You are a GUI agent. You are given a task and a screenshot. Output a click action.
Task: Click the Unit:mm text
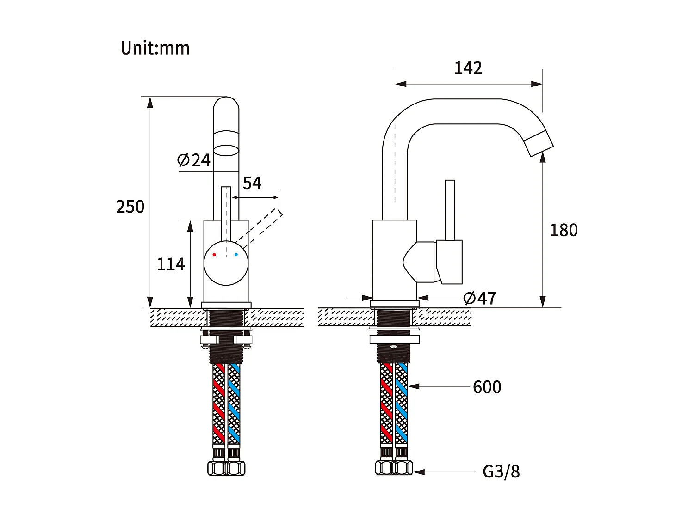click(x=155, y=48)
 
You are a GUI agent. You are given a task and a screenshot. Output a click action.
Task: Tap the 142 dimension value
click(x=468, y=68)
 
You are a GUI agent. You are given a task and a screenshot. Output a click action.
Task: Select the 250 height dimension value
click(x=130, y=207)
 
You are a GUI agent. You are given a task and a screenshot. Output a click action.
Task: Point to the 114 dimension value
click(x=171, y=264)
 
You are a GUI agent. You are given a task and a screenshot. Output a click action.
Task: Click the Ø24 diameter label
click(x=194, y=160)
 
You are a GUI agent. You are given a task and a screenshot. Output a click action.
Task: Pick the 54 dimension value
click(x=252, y=183)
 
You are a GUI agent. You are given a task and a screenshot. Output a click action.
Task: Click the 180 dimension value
click(x=564, y=230)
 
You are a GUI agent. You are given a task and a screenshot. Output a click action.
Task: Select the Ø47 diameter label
click(x=480, y=298)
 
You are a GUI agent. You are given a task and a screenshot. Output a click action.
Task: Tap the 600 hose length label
click(x=487, y=387)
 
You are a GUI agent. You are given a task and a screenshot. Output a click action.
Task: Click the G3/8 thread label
click(x=501, y=472)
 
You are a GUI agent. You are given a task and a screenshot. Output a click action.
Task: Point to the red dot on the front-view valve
click(x=214, y=255)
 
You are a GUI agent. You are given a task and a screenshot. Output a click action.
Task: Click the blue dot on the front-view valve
click(x=236, y=255)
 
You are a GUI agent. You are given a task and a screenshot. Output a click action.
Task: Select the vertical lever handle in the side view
click(x=450, y=210)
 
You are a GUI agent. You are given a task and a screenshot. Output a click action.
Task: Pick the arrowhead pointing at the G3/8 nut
click(x=418, y=472)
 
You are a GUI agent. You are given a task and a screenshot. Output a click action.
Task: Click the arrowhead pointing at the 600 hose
click(x=413, y=386)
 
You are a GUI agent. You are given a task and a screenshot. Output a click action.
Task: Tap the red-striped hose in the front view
click(x=218, y=404)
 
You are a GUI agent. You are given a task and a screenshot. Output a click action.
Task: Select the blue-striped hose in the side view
click(x=402, y=404)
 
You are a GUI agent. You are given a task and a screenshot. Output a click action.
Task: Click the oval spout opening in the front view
click(x=226, y=150)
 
